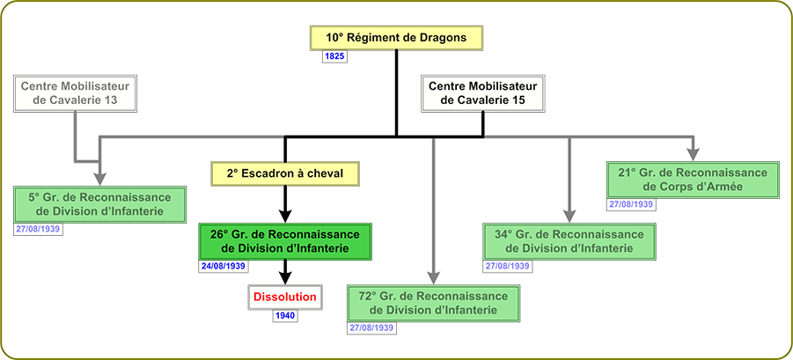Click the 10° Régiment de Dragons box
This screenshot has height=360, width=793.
396,38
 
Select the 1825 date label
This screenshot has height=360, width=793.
334,56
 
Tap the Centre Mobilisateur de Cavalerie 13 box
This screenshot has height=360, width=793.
75,93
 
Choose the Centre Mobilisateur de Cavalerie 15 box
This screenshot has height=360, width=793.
483,93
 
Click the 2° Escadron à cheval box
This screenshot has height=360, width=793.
285,173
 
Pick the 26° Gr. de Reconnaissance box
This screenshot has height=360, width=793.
286,241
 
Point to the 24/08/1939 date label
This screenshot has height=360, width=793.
223,266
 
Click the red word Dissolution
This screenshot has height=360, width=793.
285,297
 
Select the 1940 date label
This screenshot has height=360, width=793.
285,316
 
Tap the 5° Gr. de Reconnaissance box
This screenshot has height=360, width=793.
99,204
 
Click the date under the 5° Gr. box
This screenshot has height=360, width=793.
38,229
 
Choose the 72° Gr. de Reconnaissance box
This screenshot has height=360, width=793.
433,303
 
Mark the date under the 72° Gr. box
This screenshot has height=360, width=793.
371,327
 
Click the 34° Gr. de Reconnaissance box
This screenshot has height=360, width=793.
569,241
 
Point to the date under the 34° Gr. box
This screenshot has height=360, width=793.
507,266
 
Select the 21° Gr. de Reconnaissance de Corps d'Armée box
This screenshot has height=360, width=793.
693,180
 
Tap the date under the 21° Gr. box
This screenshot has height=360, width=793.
631,204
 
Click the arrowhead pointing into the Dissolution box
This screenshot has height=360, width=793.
286,278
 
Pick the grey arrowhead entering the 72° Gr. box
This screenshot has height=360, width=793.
433,277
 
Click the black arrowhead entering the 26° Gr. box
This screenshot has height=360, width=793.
286,217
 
